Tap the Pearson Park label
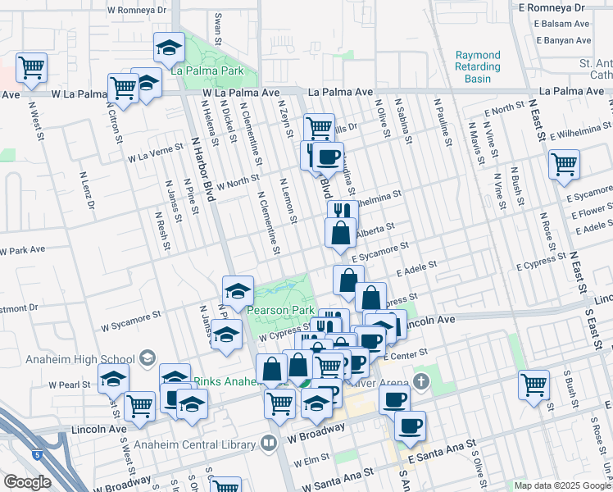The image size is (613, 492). coord(281,312)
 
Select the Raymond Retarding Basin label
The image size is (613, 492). coord(478,67)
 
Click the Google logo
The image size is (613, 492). coord(27,482)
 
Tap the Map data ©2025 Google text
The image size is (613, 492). coord(562,485)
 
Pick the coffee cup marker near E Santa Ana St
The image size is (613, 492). coord(410,426)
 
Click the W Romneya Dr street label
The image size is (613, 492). coord(137,10)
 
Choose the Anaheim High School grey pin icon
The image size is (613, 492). coord(147,357)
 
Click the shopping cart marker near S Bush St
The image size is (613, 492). coord(534,385)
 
